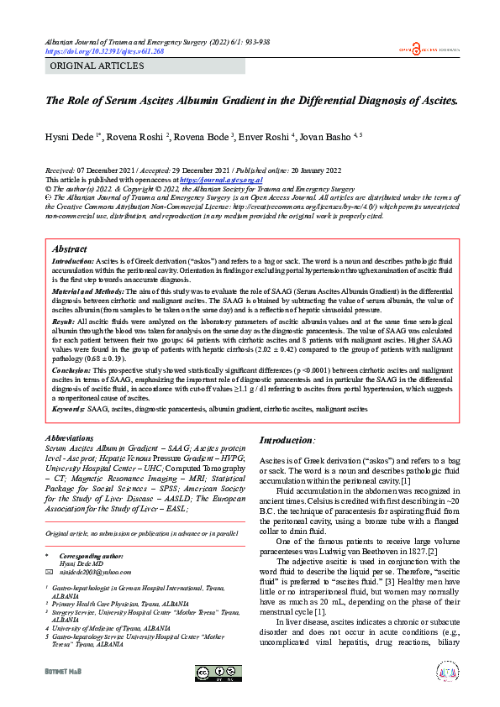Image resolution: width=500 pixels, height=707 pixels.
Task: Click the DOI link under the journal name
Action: tap(104, 51)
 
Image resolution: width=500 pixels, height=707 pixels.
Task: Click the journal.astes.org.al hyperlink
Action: tap(221, 180)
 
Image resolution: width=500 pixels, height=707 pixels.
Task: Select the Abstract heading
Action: tap(69, 249)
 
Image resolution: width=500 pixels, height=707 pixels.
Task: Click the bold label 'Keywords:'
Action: tap(68, 409)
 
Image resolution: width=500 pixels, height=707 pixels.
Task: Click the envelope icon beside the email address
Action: tap(49, 570)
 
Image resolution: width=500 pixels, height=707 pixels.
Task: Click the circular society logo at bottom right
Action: tap(448, 672)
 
